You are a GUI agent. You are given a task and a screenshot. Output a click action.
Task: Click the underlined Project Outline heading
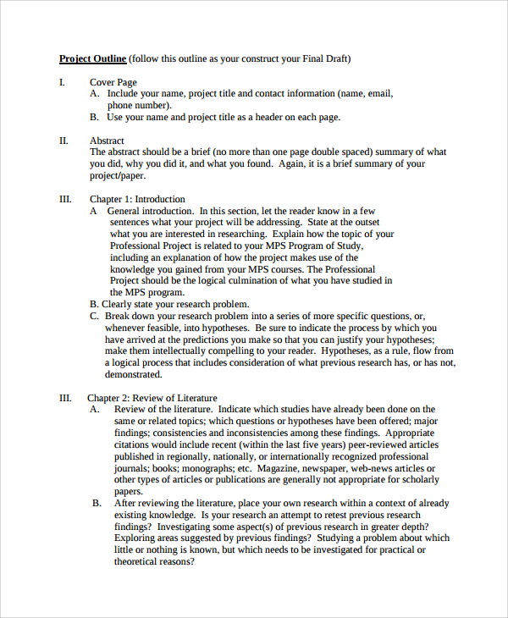[93, 58]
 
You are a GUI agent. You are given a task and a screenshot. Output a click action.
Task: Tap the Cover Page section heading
[113, 82]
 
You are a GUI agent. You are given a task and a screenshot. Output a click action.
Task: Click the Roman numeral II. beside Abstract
[63, 141]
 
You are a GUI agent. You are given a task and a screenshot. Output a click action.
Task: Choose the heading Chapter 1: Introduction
[137, 199]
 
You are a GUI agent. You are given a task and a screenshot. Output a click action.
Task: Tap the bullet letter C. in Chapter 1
[94, 316]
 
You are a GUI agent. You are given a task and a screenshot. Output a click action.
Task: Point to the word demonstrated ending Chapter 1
[133, 374]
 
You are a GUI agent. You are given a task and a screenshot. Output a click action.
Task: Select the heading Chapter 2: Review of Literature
[152, 398]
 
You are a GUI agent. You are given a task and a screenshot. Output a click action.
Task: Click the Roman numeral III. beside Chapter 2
[65, 398]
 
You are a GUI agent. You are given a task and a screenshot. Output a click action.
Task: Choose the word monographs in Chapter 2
[207, 468]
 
